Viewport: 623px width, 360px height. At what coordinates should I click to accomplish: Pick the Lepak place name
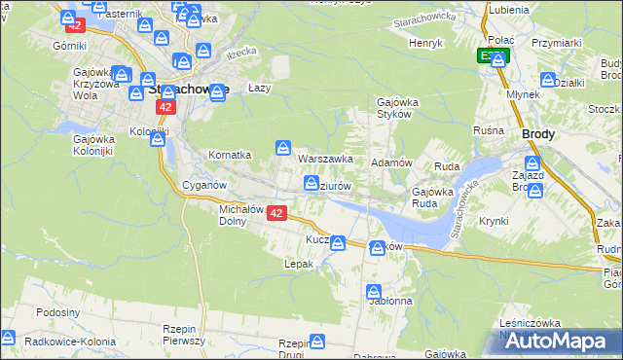(298, 264)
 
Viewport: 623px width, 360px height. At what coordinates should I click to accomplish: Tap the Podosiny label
(56, 312)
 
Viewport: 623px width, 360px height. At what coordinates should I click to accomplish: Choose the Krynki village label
(494, 221)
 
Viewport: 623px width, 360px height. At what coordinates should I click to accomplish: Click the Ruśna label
(488, 130)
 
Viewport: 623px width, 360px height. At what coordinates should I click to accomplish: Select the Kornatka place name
(231, 155)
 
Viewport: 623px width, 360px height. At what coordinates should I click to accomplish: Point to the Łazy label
(258, 87)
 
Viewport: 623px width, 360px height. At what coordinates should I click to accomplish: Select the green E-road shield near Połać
(492, 55)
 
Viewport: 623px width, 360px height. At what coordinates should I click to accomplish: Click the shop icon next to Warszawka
(282, 148)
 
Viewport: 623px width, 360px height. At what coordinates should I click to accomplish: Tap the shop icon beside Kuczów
(338, 242)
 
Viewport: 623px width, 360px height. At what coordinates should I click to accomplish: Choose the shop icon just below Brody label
(533, 163)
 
